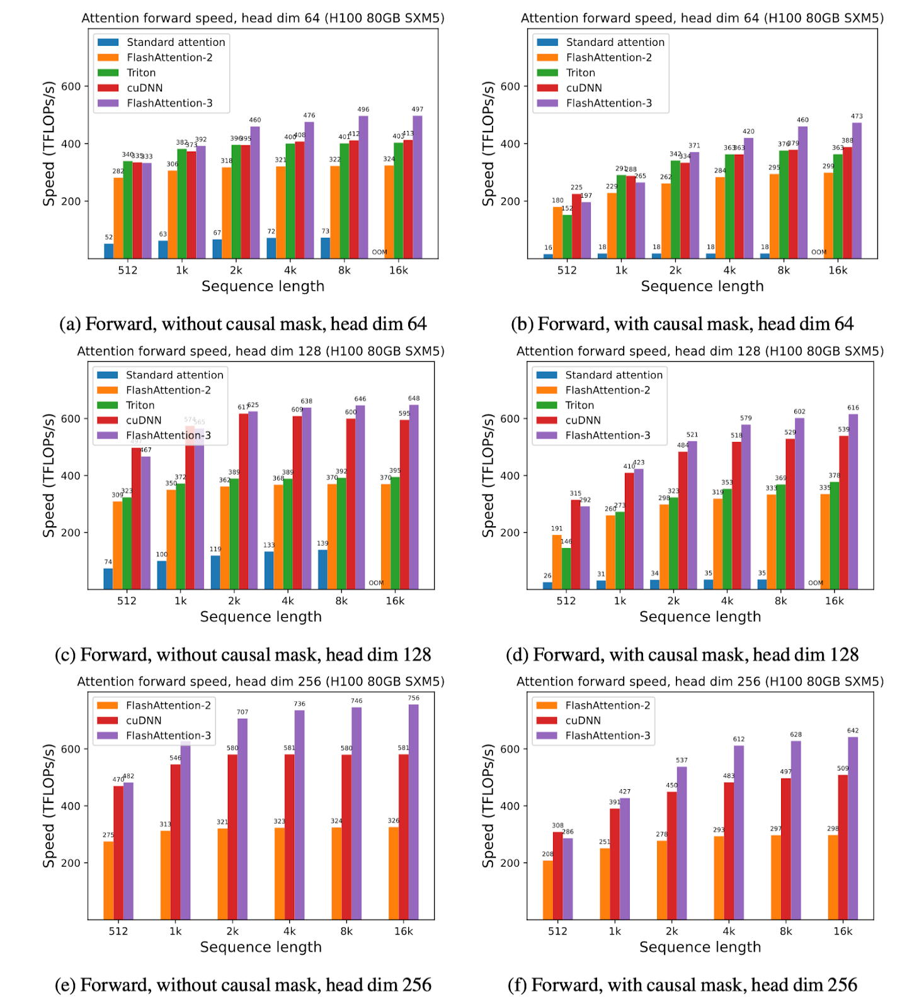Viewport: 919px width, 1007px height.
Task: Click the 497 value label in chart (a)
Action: [x=417, y=110]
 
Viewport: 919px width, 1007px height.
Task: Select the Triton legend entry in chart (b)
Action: [x=581, y=73]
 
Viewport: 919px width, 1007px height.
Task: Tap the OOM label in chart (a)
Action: [x=379, y=252]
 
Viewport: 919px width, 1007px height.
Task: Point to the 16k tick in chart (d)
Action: [x=834, y=601]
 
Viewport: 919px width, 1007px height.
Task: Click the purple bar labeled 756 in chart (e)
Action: [x=414, y=812]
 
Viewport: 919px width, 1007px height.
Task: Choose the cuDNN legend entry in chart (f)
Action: [x=583, y=721]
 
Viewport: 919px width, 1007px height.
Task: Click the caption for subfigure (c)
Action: [x=243, y=655]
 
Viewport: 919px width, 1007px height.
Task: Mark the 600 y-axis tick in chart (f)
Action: [x=510, y=749]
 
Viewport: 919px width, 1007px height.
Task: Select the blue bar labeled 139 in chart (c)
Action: [x=323, y=570]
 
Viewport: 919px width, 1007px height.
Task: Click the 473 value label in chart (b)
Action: [x=857, y=116]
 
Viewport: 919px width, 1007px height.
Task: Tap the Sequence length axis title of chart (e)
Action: [x=261, y=947]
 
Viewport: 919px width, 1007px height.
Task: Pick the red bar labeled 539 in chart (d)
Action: [x=843, y=512]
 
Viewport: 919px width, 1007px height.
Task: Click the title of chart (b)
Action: [x=702, y=18]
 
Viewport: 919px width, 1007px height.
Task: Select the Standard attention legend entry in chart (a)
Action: [x=176, y=42]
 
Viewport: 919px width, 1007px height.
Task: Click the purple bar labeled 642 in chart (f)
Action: [x=853, y=828]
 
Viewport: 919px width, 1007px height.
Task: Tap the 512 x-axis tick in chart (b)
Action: [x=567, y=271]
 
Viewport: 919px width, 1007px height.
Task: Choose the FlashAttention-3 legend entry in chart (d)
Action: [x=607, y=436]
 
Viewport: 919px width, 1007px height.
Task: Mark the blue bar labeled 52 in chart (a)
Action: [x=109, y=250]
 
